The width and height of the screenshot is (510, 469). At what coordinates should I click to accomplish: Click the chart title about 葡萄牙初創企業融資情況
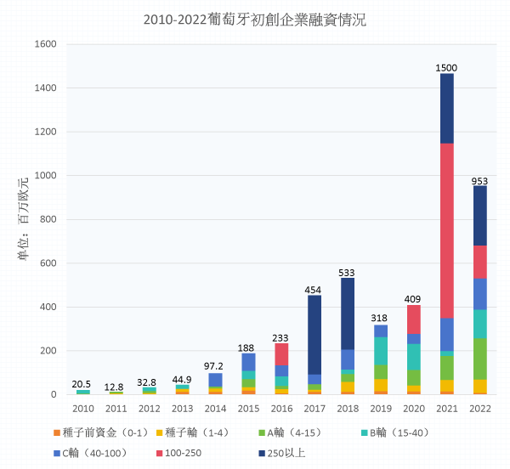[x=255, y=20]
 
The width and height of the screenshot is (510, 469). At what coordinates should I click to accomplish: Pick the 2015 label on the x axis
[x=248, y=408]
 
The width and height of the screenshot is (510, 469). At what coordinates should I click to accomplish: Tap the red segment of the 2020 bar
[x=414, y=319]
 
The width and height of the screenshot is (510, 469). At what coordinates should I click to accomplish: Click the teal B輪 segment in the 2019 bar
[x=381, y=351]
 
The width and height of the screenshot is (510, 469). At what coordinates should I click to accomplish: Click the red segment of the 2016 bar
[x=281, y=354]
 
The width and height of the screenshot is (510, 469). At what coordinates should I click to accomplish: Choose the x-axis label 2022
[x=480, y=408]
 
